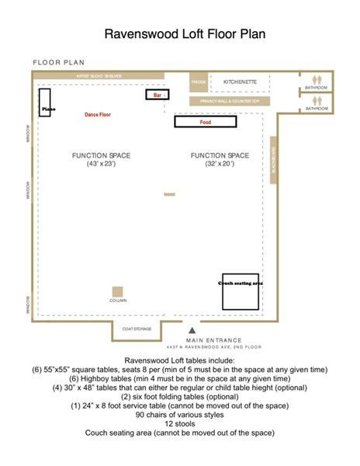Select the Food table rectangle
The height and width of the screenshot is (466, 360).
click(205, 121)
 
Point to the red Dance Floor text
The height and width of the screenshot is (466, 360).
click(98, 114)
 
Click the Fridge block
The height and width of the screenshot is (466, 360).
click(199, 82)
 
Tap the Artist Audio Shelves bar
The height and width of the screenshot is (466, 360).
click(99, 76)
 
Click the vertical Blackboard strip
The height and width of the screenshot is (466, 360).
click(273, 161)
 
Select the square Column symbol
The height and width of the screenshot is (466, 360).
click(118, 292)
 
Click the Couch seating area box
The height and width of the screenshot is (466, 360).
click(241, 291)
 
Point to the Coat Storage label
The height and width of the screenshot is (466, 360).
click(137, 329)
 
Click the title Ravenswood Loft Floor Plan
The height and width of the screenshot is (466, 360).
click(180, 36)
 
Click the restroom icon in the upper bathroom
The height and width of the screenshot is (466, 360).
click(316, 79)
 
